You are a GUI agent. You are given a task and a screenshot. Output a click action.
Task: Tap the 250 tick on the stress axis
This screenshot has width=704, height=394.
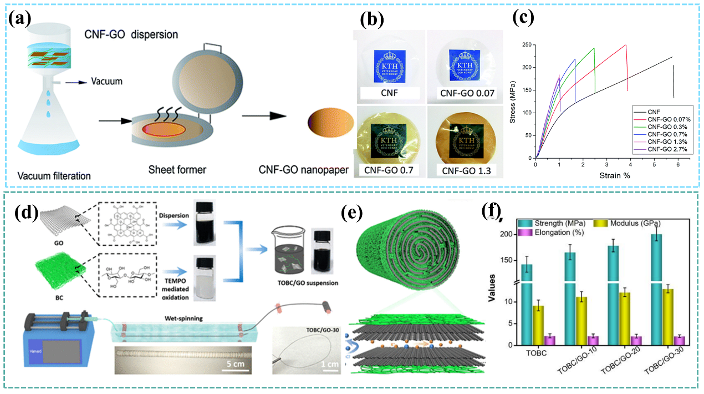pos(527,45)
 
